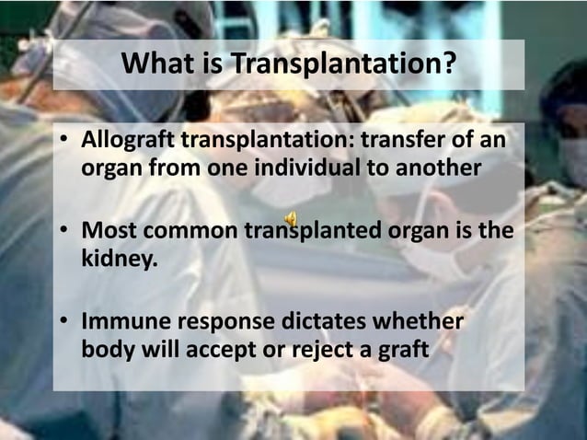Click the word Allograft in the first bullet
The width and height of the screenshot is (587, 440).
point(126,144)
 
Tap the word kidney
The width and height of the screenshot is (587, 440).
point(119,256)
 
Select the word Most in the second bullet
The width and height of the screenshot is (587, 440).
point(108,229)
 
